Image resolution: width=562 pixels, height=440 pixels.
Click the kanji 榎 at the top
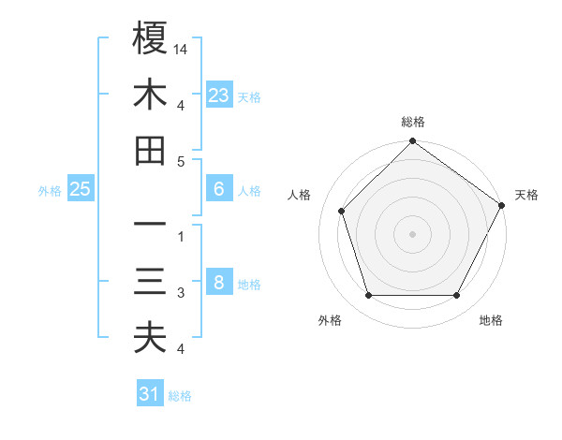tap(150, 38)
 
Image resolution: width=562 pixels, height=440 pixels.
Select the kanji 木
tap(150, 95)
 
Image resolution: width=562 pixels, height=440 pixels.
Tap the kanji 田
tap(150, 150)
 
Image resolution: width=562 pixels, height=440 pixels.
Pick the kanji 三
tap(150, 282)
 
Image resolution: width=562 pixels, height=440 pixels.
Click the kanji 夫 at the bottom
tap(150, 338)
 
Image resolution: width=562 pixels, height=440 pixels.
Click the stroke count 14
tap(182, 49)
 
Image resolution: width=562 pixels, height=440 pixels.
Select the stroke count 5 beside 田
tap(181, 161)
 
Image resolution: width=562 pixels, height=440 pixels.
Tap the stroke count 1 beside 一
tap(181, 237)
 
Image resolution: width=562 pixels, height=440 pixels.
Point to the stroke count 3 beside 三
tap(181, 293)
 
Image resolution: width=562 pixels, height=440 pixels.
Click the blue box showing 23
tap(219, 95)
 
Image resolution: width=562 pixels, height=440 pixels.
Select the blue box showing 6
tap(219, 189)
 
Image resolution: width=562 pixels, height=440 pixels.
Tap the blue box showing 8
tap(219, 283)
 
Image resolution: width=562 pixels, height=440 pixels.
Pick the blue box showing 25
tap(81, 189)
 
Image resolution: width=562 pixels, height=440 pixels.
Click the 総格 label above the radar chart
tap(412, 123)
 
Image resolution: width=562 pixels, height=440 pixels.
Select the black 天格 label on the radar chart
tap(526, 195)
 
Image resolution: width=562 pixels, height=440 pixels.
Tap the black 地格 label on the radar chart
tap(491, 321)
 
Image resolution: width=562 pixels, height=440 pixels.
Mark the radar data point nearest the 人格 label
tap(342, 211)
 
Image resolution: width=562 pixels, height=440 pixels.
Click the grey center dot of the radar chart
tap(412, 233)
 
